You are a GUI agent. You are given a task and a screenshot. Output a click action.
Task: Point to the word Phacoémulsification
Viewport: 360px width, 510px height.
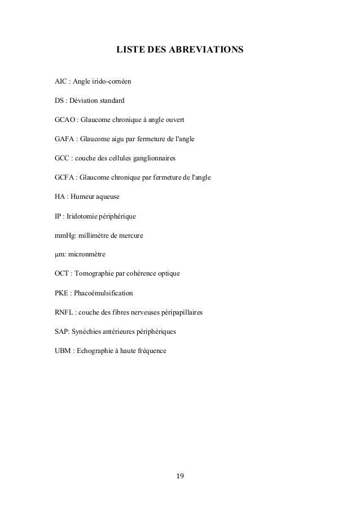click(107, 294)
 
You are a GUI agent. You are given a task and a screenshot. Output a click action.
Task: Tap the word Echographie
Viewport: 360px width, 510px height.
click(99, 351)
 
